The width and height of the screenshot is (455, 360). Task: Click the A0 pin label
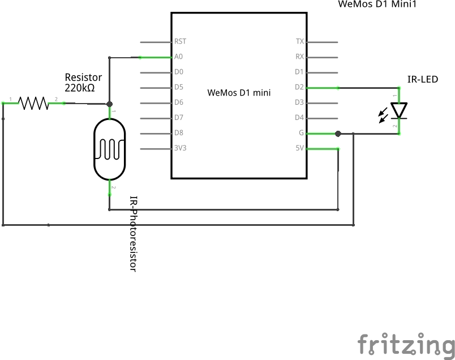point(178,57)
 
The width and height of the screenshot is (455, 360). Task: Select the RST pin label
point(180,41)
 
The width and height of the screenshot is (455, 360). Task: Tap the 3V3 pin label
point(181,149)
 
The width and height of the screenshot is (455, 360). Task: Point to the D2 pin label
point(299,87)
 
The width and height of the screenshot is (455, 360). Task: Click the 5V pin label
point(299,149)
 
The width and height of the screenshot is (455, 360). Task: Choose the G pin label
point(301,134)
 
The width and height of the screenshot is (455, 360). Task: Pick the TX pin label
point(299,41)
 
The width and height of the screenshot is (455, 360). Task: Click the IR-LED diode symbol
point(399,111)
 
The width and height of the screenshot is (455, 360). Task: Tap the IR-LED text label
point(422,79)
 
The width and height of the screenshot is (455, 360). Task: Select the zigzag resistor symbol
point(33,102)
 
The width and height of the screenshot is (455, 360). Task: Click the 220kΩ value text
point(79,88)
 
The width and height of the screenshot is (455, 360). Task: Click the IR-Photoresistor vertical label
point(134,234)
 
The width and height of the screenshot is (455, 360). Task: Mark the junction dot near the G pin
point(338,134)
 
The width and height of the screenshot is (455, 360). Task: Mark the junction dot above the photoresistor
point(109,104)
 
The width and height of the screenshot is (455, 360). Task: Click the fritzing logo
point(406,344)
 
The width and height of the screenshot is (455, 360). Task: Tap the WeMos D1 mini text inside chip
point(239,92)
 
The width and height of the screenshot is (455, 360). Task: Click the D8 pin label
point(179,134)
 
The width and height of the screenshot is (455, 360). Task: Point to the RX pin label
point(299,57)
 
